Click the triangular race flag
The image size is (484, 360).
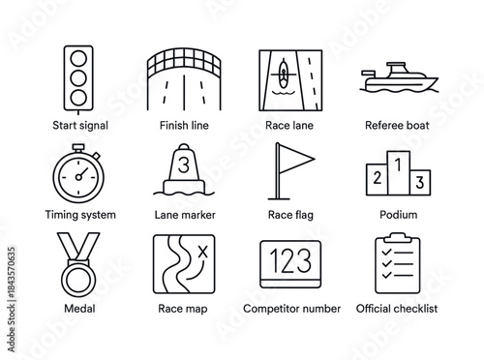[x=290, y=155]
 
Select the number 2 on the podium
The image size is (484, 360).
[x=375, y=176]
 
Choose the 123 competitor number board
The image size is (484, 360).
[x=289, y=263]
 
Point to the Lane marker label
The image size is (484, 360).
[x=185, y=215]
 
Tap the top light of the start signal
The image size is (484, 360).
[x=76, y=57]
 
